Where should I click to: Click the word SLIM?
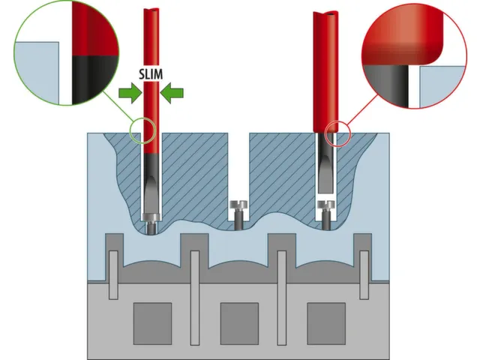[x=151, y=74]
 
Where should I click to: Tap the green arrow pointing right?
[x=130, y=93]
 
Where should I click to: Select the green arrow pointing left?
[x=172, y=93]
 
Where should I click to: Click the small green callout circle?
[x=142, y=130]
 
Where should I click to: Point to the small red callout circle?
[x=337, y=133]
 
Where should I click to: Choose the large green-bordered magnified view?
[x=67, y=53]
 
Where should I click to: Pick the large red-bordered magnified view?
[x=414, y=56]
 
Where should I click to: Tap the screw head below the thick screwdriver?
[x=325, y=205]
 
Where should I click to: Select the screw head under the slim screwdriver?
[x=151, y=217]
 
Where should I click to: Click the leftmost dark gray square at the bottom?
[x=152, y=323]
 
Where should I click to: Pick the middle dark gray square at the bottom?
[x=239, y=323]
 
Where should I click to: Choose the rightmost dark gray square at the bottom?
[x=326, y=323]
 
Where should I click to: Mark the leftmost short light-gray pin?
[x=113, y=275]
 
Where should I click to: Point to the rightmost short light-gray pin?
[x=364, y=275]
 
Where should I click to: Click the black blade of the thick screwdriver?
[x=325, y=163]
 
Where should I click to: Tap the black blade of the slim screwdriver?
[x=151, y=184]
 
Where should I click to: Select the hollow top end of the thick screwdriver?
[x=325, y=14]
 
